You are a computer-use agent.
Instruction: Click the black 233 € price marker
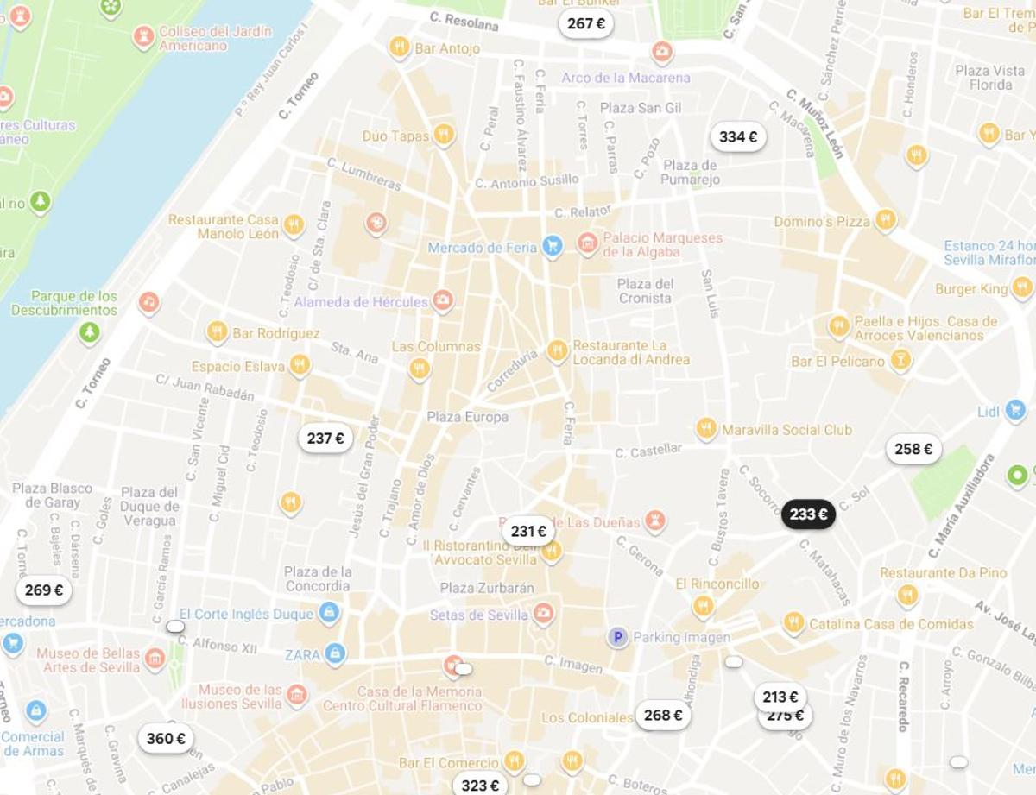coord(808,514)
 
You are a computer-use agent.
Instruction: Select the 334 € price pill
coord(738,136)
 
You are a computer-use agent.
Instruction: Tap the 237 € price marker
coord(325,439)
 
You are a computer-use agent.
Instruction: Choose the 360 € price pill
coord(166,739)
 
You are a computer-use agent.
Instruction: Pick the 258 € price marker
coord(913,449)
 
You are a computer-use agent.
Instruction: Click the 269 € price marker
coord(44,590)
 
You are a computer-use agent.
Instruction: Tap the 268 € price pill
coord(663,715)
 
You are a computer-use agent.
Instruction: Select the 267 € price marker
coord(586,23)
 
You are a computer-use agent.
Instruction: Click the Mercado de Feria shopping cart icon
coord(553,247)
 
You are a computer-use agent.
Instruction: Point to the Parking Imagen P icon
coord(616,638)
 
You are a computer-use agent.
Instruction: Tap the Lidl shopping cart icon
coord(1015,411)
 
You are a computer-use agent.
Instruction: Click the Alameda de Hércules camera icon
coord(443,300)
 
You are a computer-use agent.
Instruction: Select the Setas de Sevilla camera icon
coord(543,614)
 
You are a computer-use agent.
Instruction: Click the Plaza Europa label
coord(467,417)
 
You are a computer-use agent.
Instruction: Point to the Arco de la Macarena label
coord(626,78)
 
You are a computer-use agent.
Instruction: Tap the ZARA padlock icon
coord(336,653)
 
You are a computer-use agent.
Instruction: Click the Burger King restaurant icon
coord(1022,288)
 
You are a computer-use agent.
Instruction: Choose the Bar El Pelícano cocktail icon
coord(900,360)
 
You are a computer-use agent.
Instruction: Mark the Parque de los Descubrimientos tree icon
coord(89,332)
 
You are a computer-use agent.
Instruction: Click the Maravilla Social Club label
coord(786,430)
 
